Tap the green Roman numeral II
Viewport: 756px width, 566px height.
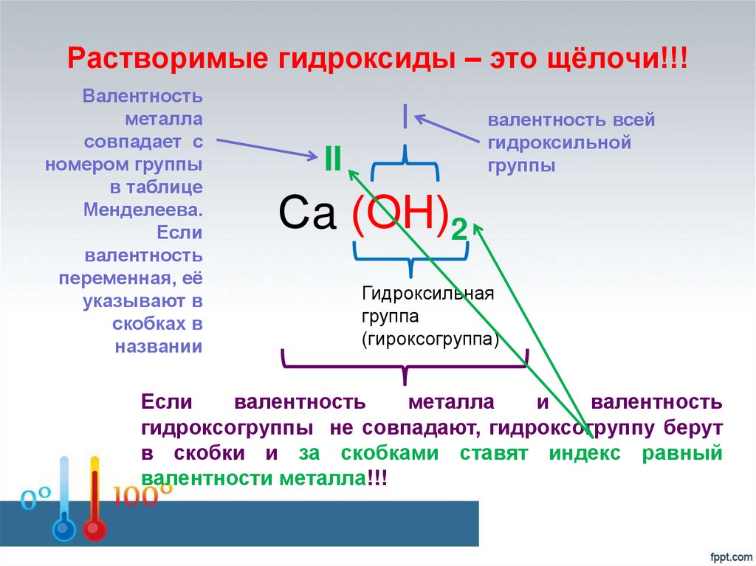[x=331, y=159]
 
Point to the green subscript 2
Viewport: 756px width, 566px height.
[x=458, y=232]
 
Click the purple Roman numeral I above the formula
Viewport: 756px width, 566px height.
[x=405, y=116]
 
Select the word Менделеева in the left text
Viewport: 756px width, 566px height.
[x=142, y=209]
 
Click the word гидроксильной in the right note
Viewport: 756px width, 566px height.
[x=559, y=143]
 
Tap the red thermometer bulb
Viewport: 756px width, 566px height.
[x=94, y=530]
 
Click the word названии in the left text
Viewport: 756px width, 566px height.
[x=159, y=346]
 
